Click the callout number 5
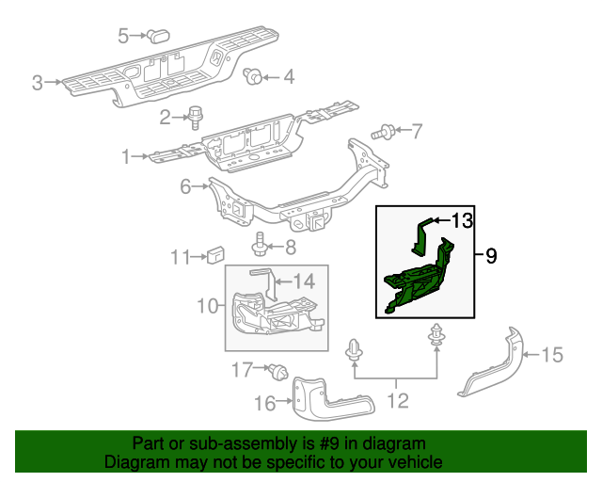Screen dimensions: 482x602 (123, 36)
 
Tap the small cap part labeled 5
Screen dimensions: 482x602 (155, 36)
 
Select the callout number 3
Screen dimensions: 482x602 (38, 83)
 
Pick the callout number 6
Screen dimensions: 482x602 (186, 187)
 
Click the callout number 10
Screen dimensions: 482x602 (207, 304)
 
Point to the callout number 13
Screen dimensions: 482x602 (460, 221)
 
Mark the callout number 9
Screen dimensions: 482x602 (491, 255)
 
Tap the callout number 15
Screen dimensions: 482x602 (552, 355)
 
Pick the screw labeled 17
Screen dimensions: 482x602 (277, 370)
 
